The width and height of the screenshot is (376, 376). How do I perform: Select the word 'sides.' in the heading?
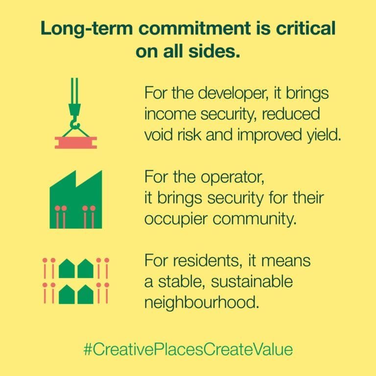[x=214, y=51]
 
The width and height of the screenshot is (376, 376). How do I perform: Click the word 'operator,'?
[x=233, y=177]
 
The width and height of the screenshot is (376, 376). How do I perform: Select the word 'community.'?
[x=255, y=220]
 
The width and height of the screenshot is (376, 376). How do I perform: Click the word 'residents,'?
[x=207, y=261]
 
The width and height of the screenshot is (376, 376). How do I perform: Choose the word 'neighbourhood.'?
[x=202, y=303]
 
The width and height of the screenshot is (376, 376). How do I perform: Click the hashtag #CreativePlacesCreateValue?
[x=188, y=350]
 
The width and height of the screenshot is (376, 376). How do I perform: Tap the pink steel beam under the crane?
[x=76, y=142]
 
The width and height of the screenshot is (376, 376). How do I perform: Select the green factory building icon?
[x=76, y=200]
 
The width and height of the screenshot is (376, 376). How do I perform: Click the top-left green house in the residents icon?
[x=67, y=268]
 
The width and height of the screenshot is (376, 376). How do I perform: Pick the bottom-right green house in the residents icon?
[x=85, y=294]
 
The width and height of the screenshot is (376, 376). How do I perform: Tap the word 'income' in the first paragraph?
[x=170, y=114]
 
